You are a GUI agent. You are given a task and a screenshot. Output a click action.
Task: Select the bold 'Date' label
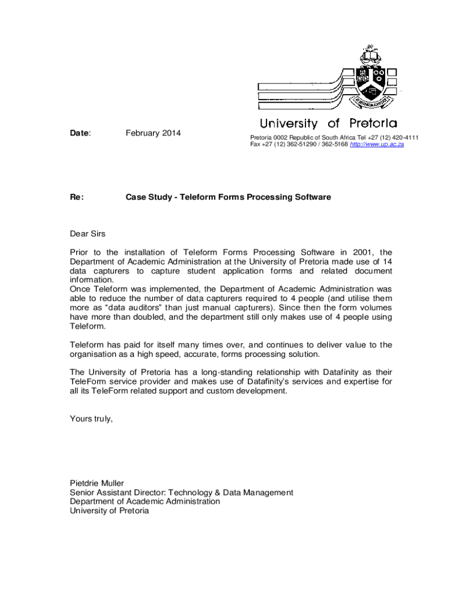click(79, 133)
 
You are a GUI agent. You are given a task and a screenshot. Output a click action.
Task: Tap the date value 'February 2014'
click(153, 133)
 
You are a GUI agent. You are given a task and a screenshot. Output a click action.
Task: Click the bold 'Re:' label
click(77, 197)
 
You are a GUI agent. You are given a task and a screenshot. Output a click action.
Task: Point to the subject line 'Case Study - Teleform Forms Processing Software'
click(227, 197)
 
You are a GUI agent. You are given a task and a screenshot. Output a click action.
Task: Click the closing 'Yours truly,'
click(91, 419)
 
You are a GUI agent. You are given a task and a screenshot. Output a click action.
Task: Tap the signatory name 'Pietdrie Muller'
click(97, 483)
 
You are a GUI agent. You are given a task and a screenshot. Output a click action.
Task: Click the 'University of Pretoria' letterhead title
click(328, 124)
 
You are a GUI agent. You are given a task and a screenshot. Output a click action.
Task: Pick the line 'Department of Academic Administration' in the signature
click(145, 501)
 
